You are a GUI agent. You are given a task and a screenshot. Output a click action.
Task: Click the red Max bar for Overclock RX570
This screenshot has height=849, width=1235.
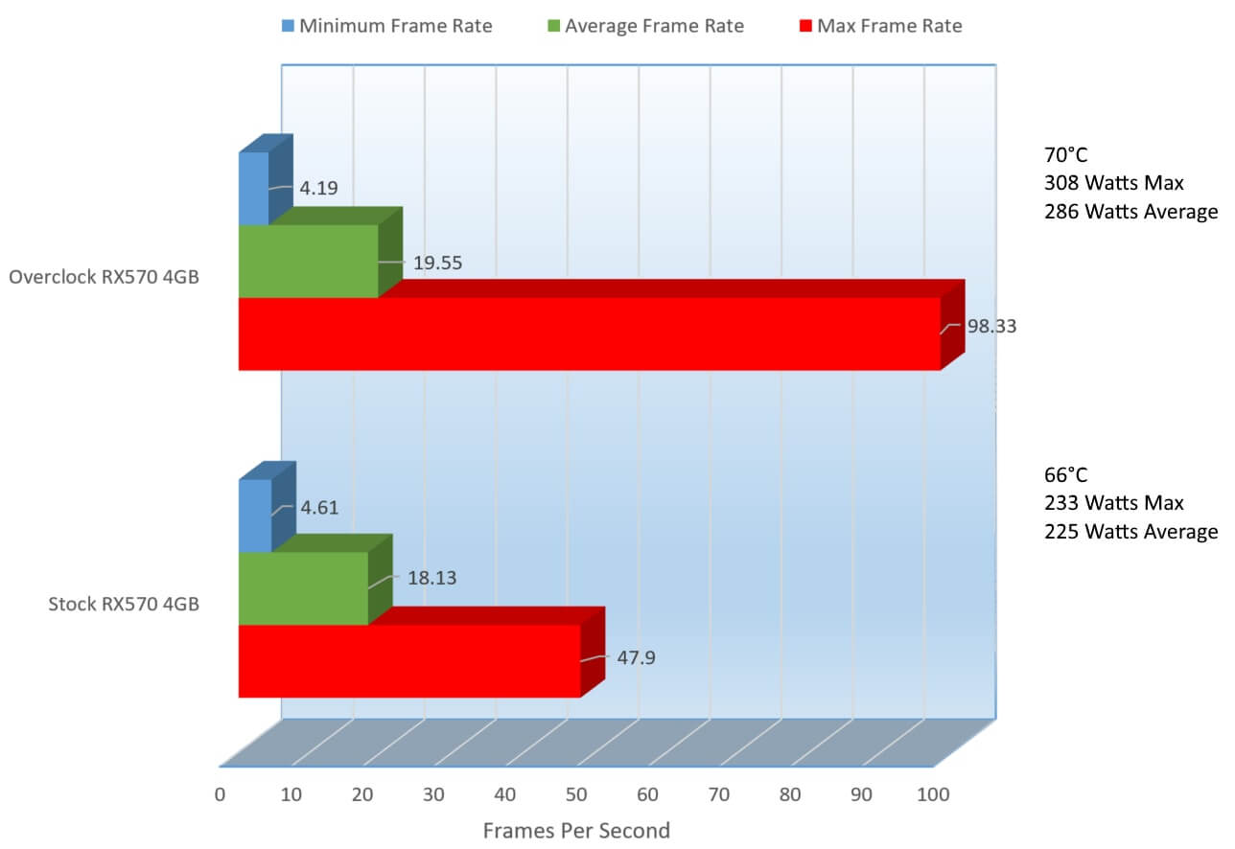589,333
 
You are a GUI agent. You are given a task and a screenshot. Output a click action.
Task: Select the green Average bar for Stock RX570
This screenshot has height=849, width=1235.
303,588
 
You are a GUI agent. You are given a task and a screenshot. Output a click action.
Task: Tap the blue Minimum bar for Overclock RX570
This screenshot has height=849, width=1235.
254,189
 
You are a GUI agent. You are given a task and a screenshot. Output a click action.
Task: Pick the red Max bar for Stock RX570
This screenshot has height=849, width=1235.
409,661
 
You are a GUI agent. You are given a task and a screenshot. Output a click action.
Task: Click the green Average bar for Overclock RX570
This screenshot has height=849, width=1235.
308,261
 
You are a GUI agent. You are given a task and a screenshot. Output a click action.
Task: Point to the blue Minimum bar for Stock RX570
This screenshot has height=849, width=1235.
255,516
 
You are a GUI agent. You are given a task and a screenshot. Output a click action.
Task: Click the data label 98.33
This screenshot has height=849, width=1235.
991,326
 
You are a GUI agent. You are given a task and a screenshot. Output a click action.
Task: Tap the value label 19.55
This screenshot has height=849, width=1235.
437,263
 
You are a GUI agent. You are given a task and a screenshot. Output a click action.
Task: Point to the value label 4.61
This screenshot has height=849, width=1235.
319,508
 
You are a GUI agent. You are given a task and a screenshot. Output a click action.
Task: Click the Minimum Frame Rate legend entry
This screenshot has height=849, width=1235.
387,26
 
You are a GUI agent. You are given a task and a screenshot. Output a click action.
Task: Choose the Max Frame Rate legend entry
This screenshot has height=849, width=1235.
880,26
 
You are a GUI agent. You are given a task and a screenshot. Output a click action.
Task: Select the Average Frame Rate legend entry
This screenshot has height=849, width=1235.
646,26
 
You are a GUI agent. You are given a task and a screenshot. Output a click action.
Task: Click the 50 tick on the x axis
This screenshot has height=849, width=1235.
576,794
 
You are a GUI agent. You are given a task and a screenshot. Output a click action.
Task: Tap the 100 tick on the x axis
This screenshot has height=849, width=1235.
933,794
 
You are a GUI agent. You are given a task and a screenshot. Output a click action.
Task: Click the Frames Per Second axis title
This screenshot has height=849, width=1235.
576,830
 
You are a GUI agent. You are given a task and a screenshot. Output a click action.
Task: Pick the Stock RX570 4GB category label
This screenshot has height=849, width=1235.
124,605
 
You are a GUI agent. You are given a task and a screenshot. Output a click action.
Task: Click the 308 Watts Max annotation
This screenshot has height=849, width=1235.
1114,182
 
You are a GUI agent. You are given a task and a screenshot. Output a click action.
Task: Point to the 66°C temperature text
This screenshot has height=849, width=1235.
1066,475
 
